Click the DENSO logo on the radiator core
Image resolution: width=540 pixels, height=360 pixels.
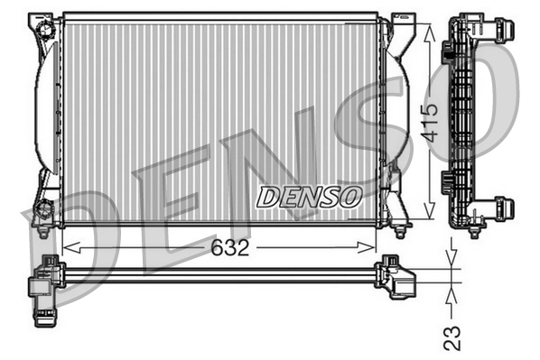(x=309, y=196)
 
